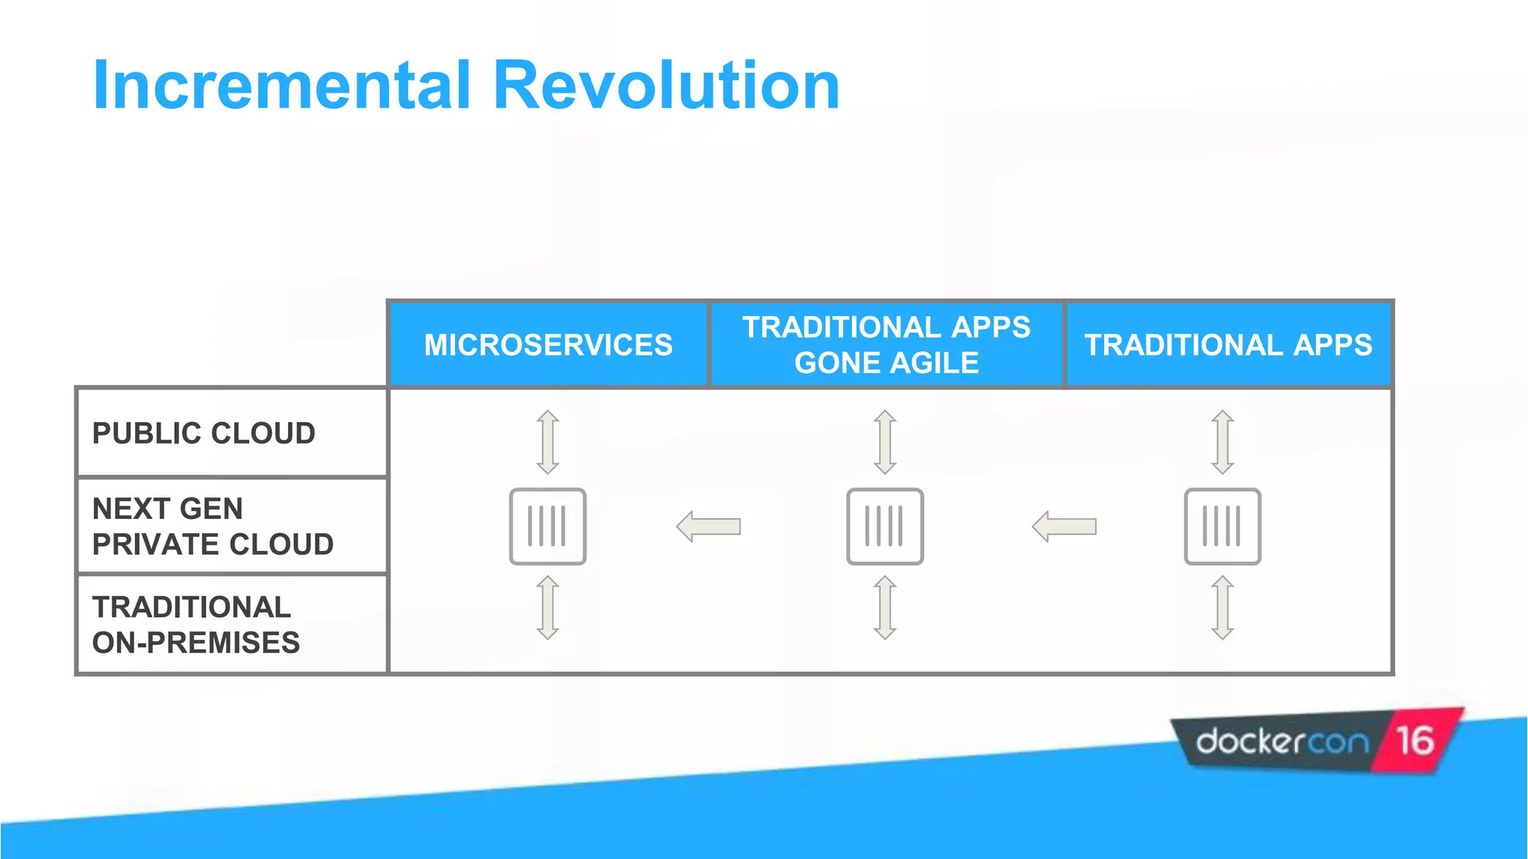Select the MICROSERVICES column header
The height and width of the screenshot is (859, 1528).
pyautogui.click(x=548, y=344)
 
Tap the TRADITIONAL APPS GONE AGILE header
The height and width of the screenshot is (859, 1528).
pyautogui.click(x=886, y=344)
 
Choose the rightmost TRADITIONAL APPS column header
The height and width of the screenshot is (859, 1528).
pyautogui.click(x=1228, y=344)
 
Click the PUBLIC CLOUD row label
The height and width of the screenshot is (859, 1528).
pyautogui.click(x=204, y=433)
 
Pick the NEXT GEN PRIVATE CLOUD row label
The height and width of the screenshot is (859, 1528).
pyautogui.click(x=213, y=526)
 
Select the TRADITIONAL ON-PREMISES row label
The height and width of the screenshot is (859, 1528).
pyautogui.click(x=195, y=625)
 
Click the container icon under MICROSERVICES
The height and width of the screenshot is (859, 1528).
pyautogui.click(x=548, y=526)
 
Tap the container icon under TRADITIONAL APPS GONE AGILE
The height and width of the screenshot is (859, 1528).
pyautogui.click(x=885, y=526)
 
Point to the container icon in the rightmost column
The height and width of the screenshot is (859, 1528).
pyautogui.click(x=1222, y=526)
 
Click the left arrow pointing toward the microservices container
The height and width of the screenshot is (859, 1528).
pyautogui.click(x=709, y=526)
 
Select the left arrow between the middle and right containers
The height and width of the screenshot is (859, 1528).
pyautogui.click(x=1064, y=526)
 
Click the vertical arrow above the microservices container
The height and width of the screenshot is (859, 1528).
pyautogui.click(x=548, y=441)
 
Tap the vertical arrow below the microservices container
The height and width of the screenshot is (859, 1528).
pyautogui.click(x=548, y=608)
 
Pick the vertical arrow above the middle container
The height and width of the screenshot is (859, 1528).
pyautogui.click(x=885, y=441)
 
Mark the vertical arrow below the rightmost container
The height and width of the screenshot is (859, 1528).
pyautogui.click(x=1222, y=608)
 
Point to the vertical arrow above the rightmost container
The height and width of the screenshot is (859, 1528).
pyautogui.click(x=1222, y=441)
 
